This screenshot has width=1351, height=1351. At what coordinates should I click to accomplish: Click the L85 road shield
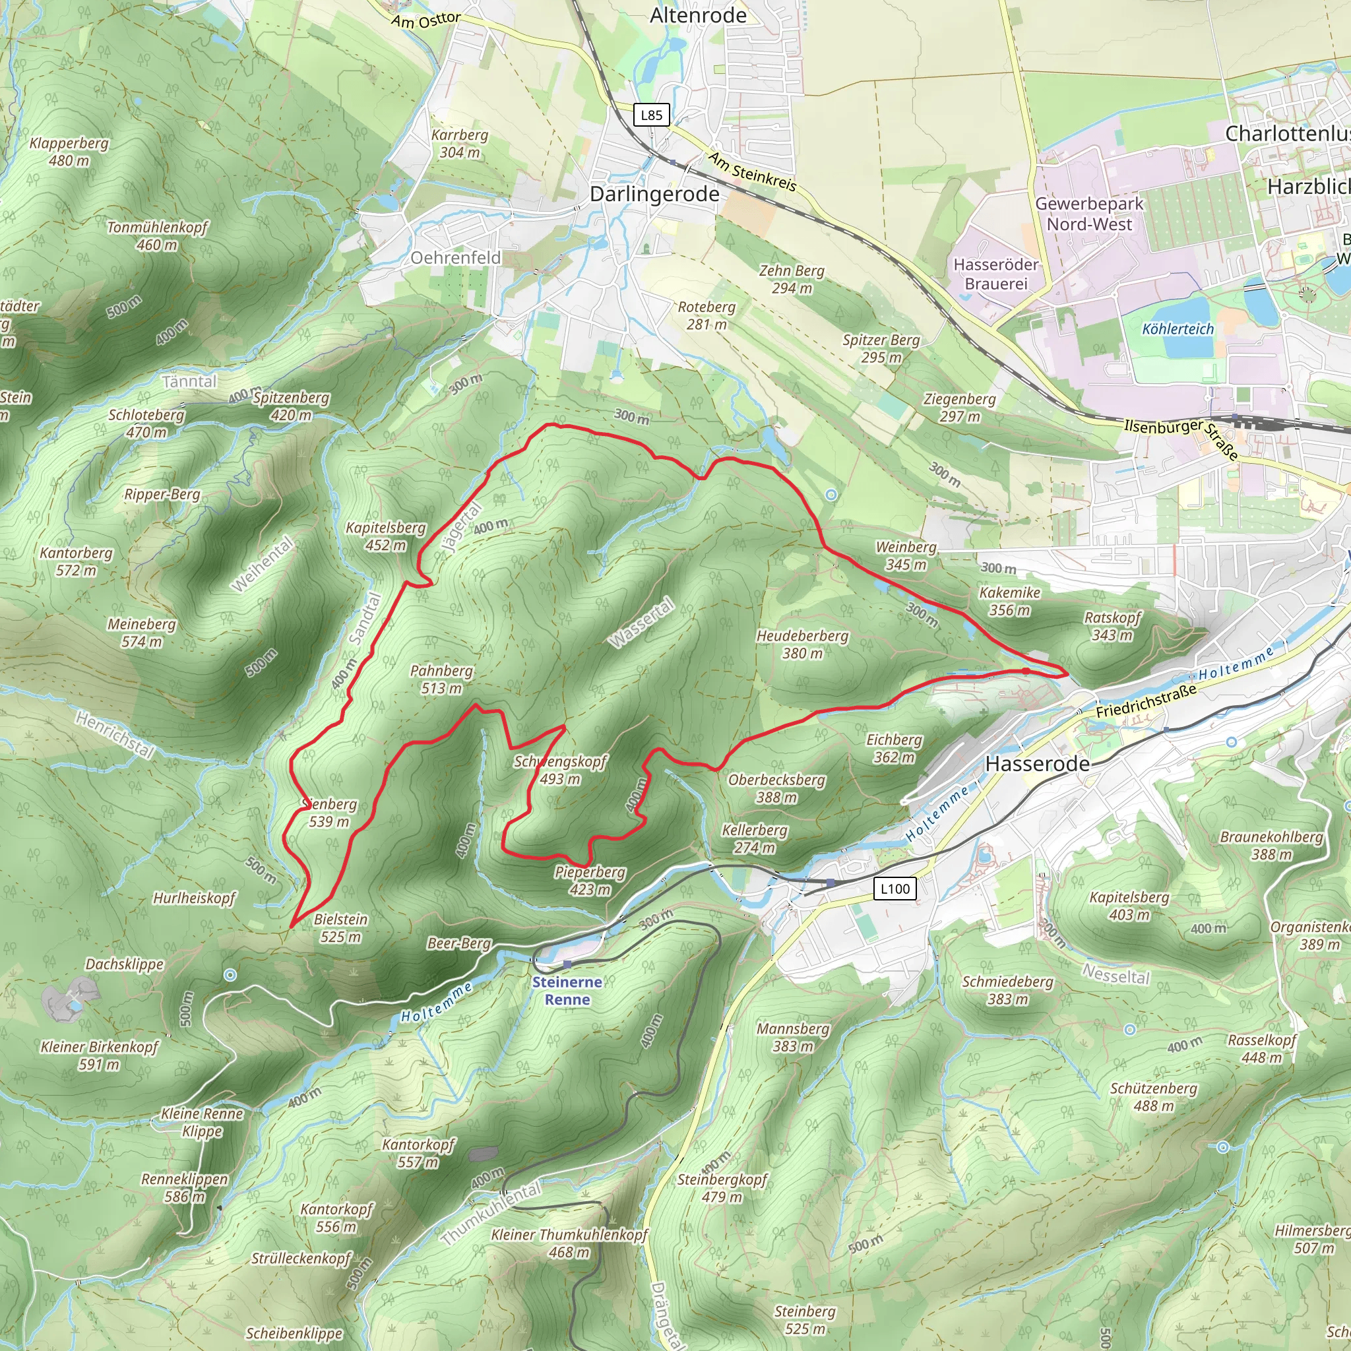(x=651, y=115)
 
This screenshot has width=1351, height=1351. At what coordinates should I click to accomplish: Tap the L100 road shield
(x=895, y=889)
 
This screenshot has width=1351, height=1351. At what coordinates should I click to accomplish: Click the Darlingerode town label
(x=654, y=195)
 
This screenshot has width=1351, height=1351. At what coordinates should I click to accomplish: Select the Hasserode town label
(x=1037, y=764)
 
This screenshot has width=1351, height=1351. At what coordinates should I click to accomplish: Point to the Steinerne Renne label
(x=567, y=991)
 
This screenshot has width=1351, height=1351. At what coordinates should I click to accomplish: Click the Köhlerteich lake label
(x=1178, y=329)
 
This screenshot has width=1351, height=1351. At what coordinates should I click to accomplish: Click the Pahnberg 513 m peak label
(x=441, y=679)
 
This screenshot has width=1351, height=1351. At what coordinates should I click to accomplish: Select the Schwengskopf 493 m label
(x=559, y=770)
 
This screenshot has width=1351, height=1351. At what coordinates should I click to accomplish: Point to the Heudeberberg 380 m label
(x=802, y=644)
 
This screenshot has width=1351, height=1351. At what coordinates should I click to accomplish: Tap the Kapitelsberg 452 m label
(x=385, y=536)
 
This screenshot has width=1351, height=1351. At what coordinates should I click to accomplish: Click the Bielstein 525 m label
(x=340, y=928)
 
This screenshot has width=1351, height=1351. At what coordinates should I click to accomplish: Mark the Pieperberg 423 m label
(x=590, y=881)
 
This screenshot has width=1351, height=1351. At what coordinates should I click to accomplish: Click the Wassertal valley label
(x=641, y=622)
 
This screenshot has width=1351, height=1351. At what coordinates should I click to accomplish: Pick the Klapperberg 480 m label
(x=69, y=152)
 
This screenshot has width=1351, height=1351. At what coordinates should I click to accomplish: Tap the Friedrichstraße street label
(x=1145, y=701)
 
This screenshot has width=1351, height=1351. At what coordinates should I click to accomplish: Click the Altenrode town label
(x=698, y=15)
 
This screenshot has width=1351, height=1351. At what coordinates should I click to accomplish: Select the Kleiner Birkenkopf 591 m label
(x=100, y=1055)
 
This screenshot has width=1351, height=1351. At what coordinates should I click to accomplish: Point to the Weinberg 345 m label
(x=906, y=556)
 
